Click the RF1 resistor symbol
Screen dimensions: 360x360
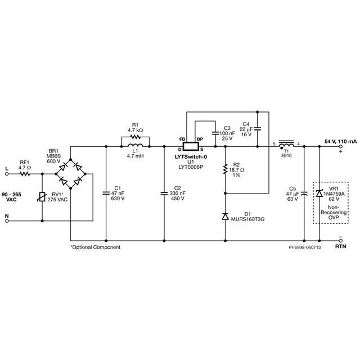pos(25,174)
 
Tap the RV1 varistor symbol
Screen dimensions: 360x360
pos(42,197)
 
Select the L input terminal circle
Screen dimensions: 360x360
pos(7,174)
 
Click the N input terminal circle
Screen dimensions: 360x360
pos(7,221)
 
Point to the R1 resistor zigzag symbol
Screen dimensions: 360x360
pos(135,137)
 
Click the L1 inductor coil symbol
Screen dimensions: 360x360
pos(135,145)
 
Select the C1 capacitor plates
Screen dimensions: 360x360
pos(106,193)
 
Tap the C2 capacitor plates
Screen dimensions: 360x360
pos(164,193)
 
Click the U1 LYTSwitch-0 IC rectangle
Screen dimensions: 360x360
pos(191,146)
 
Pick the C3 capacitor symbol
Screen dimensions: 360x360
pos(215,133)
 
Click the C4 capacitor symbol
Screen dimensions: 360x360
pos(258,128)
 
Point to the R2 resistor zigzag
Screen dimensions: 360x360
pos(226,169)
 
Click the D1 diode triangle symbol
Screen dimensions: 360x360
pos(226,216)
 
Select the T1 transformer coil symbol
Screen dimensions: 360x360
pos(286,144)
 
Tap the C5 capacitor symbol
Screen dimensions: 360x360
pos(304,193)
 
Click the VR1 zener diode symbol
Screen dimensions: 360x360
pos(319,193)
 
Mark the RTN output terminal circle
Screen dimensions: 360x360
pos(341,241)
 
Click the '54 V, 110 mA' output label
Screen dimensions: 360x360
pos(340,141)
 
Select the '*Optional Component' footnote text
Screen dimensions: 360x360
pos(96,247)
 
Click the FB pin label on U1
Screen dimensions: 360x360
pos(182,139)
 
